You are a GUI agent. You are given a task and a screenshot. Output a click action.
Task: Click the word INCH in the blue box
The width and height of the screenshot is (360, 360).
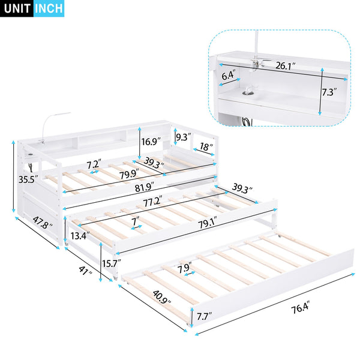tap(49, 9)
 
